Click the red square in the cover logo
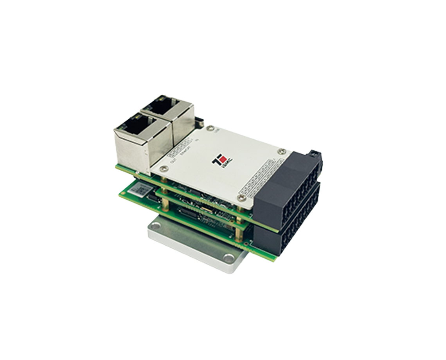click(x=223, y=160)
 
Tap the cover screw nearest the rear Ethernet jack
click(x=211, y=128)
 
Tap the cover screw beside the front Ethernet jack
click(x=164, y=169)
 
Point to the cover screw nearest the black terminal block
click(x=281, y=151)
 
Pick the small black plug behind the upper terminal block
click(x=313, y=154)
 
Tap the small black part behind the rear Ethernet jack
click(x=199, y=122)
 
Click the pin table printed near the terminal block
click(x=261, y=176)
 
